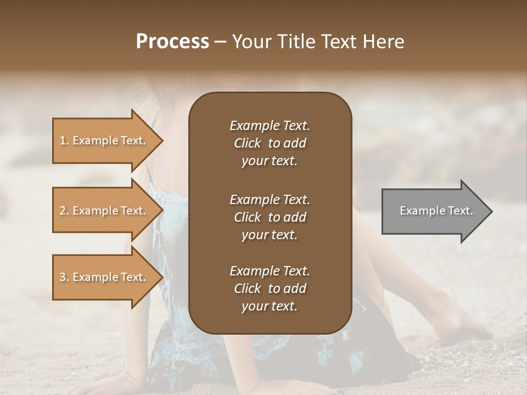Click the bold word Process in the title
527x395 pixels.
[x=172, y=41]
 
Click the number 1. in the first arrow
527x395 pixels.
[x=64, y=140]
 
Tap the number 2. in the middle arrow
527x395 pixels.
[x=64, y=211]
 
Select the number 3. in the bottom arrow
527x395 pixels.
[x=64, y=277]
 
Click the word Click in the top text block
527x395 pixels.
[x=247, y=143]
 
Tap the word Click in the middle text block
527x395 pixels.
[x=247, y=217]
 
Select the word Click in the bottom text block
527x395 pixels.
[x=247, y=289]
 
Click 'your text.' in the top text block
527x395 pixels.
[x=270, y=161]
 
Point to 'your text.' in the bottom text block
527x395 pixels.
[x=270, y=307]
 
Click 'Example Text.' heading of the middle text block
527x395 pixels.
[x=270, y=199]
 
